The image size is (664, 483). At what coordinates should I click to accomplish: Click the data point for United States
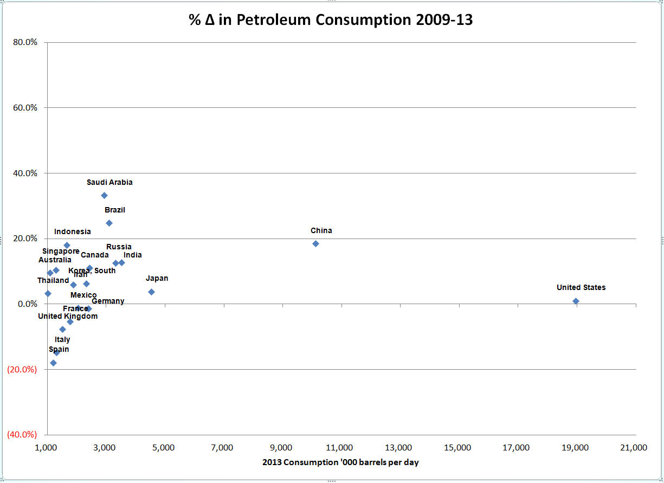click(x=576, y=301)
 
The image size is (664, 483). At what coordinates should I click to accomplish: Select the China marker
click(x=315, y=243)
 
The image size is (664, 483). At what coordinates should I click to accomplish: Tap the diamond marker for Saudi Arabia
click(x=104, y=195)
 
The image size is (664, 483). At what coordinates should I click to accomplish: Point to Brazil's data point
click(x=109, y=223)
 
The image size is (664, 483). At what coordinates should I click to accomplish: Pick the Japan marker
click(x=151, y=292)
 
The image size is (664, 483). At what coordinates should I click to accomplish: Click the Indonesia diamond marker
click(x=67, y=245)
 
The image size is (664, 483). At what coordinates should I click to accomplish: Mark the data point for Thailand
click(x=48, y=293)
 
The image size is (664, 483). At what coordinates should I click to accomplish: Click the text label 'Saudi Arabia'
click(x=109, y=182)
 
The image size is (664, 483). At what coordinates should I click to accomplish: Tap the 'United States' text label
click(x=581, y=287)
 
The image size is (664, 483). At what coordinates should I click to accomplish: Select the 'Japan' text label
click(x=157, y=278)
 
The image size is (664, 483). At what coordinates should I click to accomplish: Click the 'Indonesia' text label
click(x=73, y=231)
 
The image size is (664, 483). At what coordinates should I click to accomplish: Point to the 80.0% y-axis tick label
click(x=24, y=42)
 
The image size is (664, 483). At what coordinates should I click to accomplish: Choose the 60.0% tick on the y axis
click(x=24, y=107)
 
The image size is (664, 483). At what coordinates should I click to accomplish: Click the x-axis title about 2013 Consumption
click(x=340, y=462)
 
